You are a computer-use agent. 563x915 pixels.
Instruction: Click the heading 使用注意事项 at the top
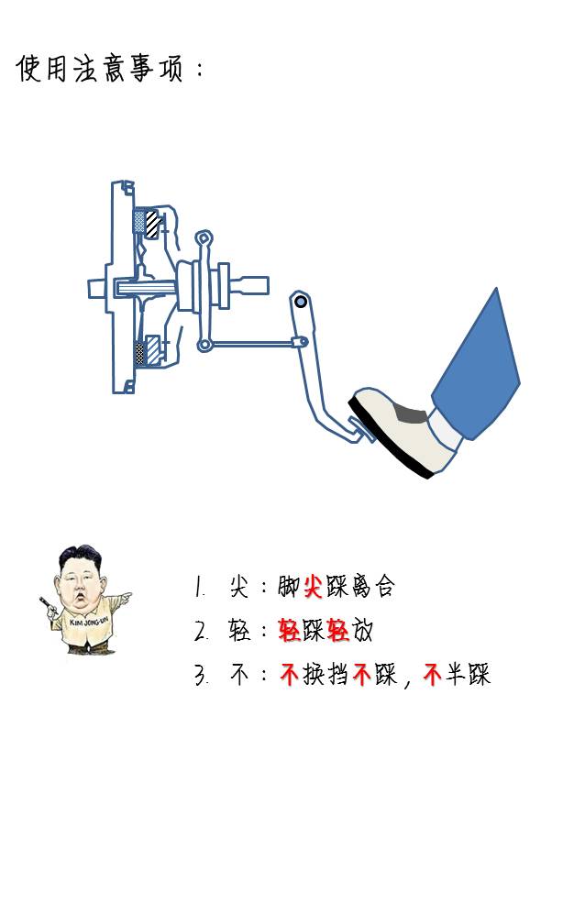point(99,68)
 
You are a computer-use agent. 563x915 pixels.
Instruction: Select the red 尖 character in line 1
point(313,587)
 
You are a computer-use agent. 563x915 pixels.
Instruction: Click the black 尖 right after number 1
point(239,587)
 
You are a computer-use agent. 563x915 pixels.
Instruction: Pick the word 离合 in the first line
point(373,587)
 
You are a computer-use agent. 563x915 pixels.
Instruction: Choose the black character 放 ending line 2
point(361,631)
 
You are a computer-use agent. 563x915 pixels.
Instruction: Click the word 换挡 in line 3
point(326,675)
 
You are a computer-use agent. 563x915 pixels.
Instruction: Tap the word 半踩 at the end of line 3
point(468,675)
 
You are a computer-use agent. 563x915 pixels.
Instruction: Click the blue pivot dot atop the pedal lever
point(301,302)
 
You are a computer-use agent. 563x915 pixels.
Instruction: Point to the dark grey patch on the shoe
point(410,413)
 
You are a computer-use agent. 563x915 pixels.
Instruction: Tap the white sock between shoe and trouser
point(445,431)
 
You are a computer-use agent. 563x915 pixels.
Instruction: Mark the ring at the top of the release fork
point(203,238)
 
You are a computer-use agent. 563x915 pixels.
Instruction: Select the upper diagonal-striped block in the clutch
point(153,224)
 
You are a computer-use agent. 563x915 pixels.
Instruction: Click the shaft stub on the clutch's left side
point(97,288)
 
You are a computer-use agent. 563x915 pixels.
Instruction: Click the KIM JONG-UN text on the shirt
point(89,622)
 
